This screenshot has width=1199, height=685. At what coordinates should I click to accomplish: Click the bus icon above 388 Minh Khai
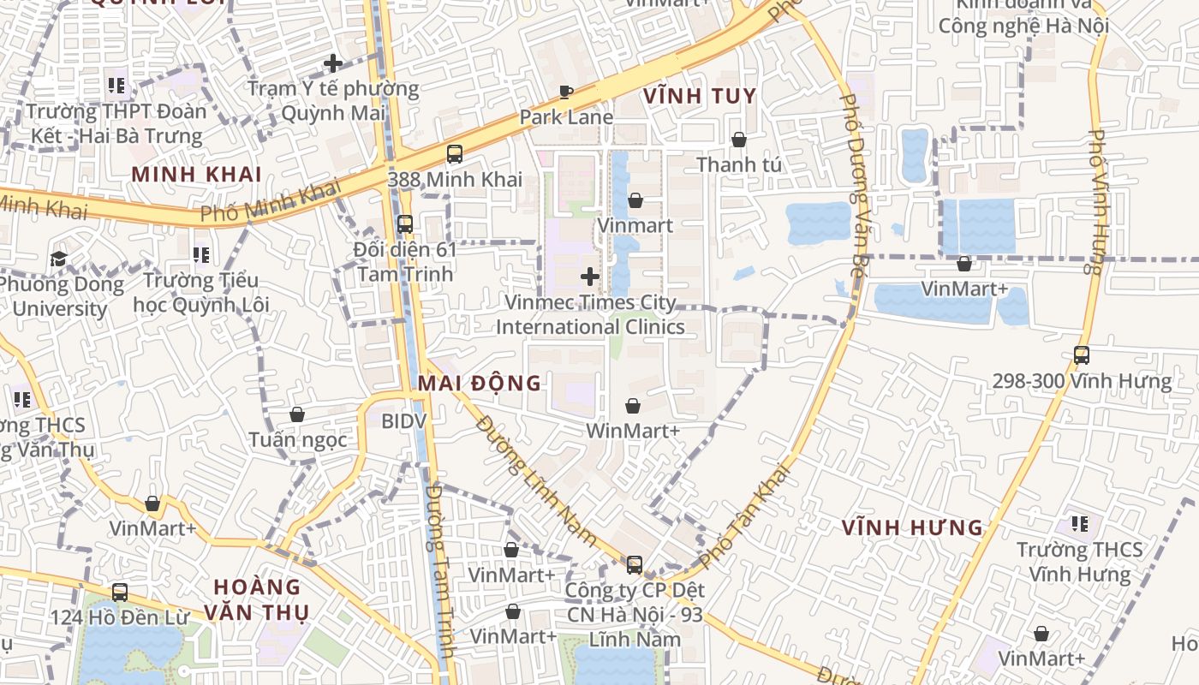pyautogui.click(x=454, y=154)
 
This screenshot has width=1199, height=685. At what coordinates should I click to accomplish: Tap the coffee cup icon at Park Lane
pyautogui.click(x=565, y=92)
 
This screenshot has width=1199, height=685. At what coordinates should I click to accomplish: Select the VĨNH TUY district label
pyautogui.click(x=700, y=96)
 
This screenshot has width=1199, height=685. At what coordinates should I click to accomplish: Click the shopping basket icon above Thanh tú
pyautogui.click(x=738, y=139)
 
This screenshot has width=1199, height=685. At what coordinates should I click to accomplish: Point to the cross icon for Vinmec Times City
pyautogui.click(x=589, y=277)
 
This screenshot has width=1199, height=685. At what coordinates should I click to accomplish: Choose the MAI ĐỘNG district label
pyautogui.click(x=480, y=383)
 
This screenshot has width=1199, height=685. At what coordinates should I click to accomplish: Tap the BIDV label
pyautogui.click(x=403, y=421)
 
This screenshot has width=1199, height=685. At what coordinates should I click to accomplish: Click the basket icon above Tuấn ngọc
pyautogui.click(x=297, y=414)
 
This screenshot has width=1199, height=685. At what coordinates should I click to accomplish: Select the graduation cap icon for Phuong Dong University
pyautogui.click(x=58, y=259)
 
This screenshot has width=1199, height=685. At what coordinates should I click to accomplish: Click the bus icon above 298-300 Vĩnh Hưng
pyautogui.click(x=1081, y=354)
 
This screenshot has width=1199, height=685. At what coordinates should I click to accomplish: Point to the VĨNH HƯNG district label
pyautogui.click(x=911, y=527)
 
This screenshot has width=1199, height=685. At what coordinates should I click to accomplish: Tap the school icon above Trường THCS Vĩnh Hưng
pyautogui.click(x=1079, y=523)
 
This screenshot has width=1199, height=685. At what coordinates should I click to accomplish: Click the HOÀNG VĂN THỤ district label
pyautogui.click(x=257, y=599)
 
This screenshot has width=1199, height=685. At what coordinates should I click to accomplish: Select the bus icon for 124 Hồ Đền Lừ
pyautogui.click(x=120, y=592)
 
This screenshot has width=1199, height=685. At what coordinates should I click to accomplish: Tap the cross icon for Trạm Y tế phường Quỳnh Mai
pyautogui.click(x=332, y=63)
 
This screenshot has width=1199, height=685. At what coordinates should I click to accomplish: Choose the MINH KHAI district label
pyautogui.click(x=196, y=175)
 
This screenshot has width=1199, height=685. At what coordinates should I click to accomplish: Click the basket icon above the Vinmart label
pyautogui.click(x=635, y=200)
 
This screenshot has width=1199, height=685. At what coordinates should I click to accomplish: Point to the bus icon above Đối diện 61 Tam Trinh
pyautogui.click(x=404, y=224)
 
